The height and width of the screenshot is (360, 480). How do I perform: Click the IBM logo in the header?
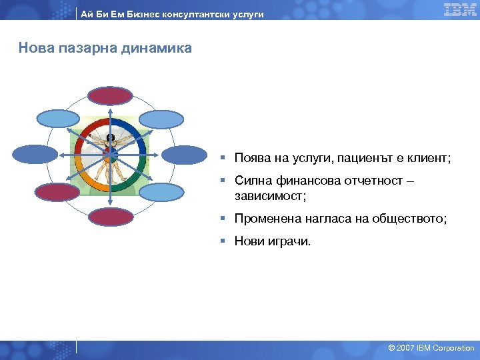point(460,9)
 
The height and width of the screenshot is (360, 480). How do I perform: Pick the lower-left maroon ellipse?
point(57,192)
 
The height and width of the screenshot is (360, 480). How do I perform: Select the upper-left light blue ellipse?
point(57,119)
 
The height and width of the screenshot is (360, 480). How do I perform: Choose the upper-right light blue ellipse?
point(161,119)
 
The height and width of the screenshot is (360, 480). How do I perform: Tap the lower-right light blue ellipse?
point(161,192)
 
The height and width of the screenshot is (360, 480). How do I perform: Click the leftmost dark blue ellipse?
point(35,155)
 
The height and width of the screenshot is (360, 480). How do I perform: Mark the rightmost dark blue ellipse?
point(185,155)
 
